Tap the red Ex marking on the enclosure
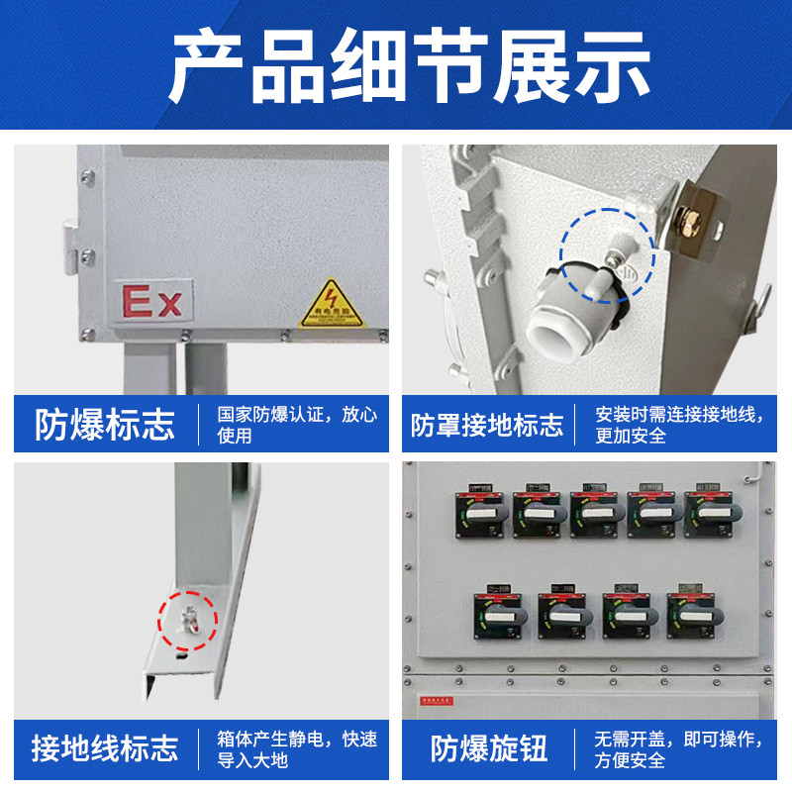151,301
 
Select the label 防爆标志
105,425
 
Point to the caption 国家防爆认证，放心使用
297,425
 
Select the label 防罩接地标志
487,426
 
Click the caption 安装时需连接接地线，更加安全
679,425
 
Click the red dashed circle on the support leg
187,621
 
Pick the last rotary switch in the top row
711,513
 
